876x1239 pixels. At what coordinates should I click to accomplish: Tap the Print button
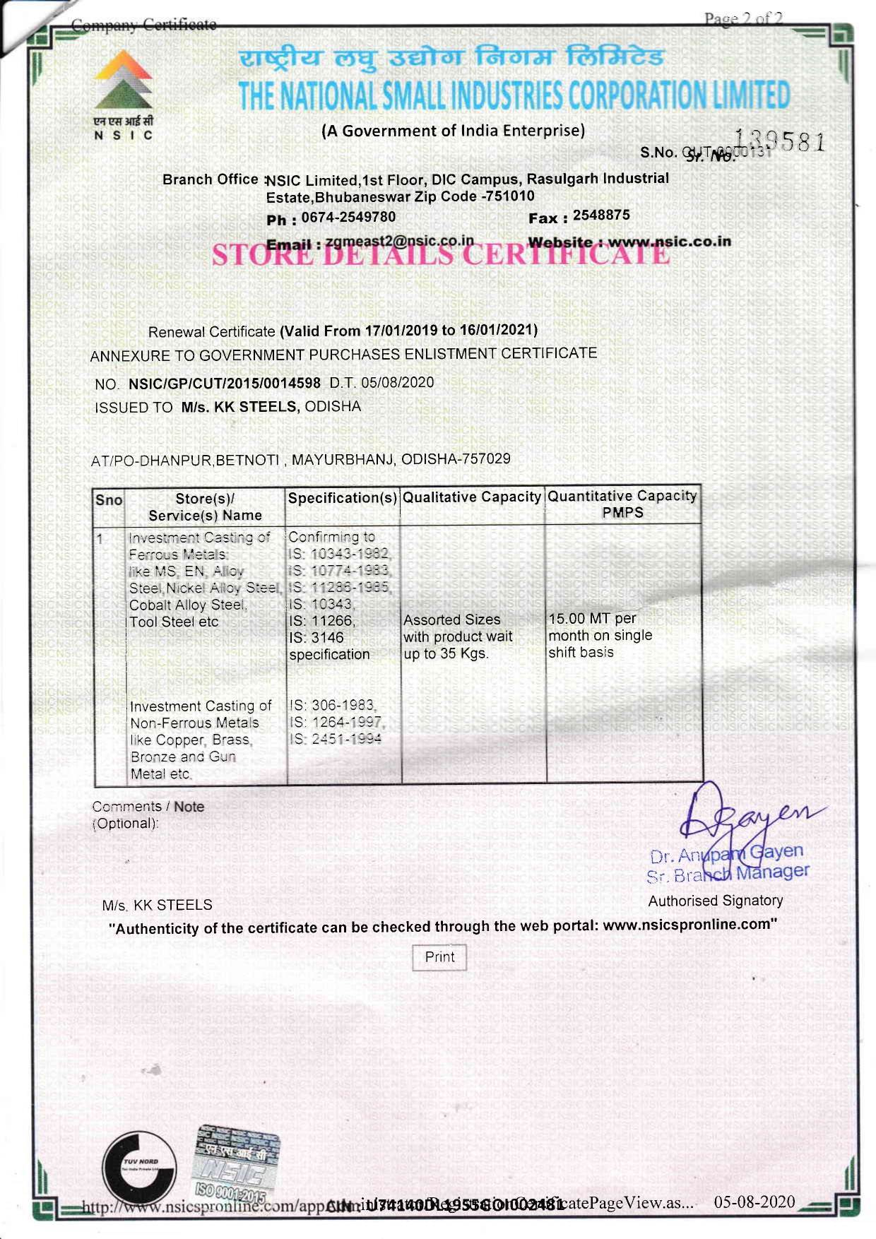point(439,957)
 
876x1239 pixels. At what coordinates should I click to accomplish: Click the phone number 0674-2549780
point(348,218)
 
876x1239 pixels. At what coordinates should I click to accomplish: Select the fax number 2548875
point(601,215)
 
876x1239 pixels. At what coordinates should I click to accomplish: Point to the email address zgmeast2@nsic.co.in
point(399,241)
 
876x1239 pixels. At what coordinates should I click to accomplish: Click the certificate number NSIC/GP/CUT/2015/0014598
point(224,384)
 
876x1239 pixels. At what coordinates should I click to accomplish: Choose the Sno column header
point(109,500)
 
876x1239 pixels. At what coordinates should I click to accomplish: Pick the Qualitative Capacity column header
point(472,497)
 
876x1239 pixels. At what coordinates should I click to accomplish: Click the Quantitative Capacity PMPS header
point(622,504)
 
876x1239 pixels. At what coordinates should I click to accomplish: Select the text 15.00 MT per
point(592,619)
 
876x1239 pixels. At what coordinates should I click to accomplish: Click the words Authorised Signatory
point(715,901)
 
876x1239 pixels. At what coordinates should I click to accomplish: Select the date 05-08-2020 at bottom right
point(754,1202)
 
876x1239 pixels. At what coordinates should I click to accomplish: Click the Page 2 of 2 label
point(743,19)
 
